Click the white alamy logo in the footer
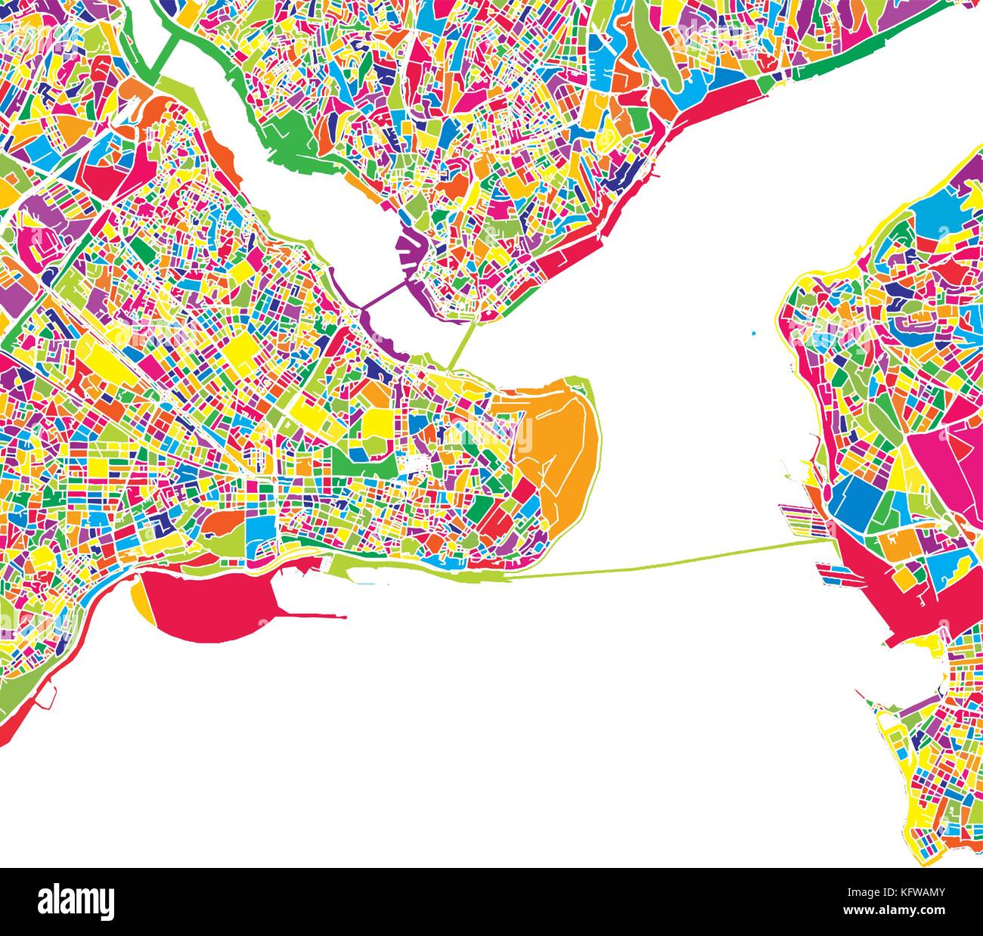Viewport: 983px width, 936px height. [76, 900]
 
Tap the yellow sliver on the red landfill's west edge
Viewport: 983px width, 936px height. [140, 601]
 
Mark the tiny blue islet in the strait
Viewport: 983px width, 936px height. [754, 332]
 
